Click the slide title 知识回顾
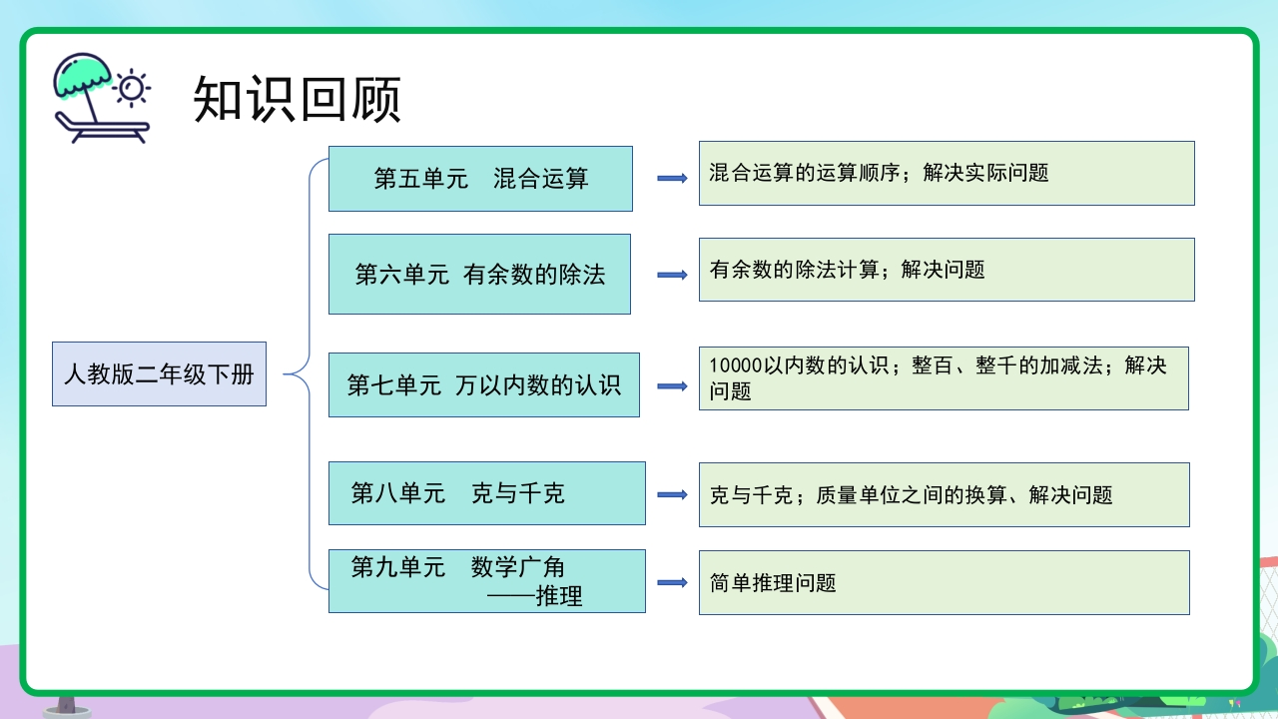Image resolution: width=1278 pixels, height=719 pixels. (297, 100)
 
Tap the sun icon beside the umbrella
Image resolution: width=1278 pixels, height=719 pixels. (131, 87)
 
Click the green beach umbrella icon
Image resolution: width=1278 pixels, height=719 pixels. (82, 75)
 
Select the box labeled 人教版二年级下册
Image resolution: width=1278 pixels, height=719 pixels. (159, 374)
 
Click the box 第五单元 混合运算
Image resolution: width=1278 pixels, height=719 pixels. (480, 179)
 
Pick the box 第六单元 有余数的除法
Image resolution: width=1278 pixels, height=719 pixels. (479, 275)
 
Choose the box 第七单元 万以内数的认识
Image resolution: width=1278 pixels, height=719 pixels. (483, 384)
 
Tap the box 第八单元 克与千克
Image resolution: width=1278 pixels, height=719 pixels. (486, 493)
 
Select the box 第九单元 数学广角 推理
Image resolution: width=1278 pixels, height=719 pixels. (486, 581)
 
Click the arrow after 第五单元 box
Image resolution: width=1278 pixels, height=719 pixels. (672, 179)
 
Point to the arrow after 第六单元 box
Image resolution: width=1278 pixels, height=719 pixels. (672, 275)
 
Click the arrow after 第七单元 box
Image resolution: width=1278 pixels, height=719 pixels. (672, 385)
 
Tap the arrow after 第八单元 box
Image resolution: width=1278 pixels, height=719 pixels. (672, 494)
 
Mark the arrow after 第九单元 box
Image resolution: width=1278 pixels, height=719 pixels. (672, 583)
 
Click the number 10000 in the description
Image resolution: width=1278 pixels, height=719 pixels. (736, 365)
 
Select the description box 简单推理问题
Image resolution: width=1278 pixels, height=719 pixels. (944, 583)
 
